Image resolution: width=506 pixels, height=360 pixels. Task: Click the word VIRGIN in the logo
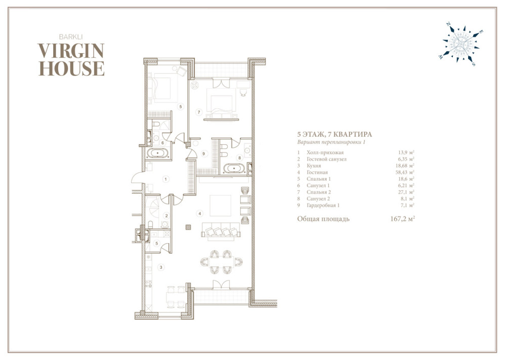click(x=71, y=51)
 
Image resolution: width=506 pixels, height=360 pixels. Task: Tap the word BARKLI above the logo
click(x=71, y=37)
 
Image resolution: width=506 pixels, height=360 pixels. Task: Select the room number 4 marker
click(x=200, y=213)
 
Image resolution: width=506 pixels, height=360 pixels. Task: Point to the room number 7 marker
click(x=199, y=112)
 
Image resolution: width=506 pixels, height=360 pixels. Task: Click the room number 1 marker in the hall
click(x=166, y=179)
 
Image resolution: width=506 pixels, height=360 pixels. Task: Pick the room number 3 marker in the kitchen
click(x=161, y=267)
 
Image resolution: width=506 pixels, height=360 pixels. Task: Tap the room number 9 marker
click(x=203, y=154)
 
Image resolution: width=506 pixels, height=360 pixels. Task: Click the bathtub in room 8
click(x=235, y=169)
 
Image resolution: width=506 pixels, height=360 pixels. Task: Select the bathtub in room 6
click(x=157, y=153)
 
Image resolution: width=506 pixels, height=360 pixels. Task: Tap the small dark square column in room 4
click(x=188, y=227)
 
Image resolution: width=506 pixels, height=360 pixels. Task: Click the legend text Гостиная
click(x=317, y=173)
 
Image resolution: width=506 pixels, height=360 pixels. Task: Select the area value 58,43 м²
click(x=405, y=172)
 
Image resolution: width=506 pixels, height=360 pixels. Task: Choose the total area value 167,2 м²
click(x=402, y=219)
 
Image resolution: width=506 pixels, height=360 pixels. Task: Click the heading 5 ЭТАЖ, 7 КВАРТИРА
click(x=334, y=134)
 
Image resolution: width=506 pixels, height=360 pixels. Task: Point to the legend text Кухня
click(x=314, y=166)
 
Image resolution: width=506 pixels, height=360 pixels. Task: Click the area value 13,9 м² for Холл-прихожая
click(x=406, y=152)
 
